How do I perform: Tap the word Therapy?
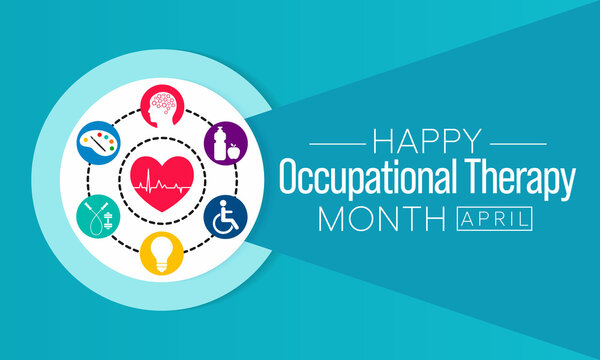[x=525, y=183]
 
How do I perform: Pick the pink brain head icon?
[x=161, y=107]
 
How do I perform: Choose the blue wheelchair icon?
[x=226, y=216]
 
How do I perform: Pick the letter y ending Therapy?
[x=568, y=187]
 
